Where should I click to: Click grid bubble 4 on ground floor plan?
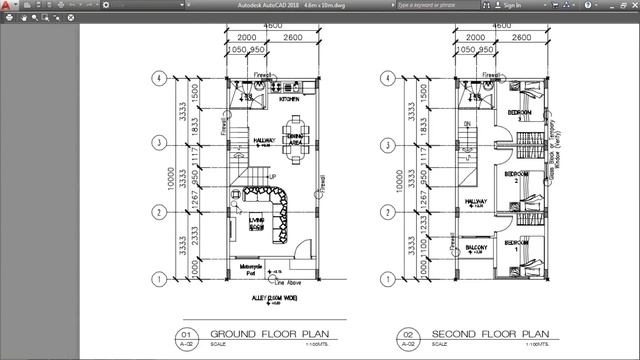[157, 78]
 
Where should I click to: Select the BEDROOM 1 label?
[517, 244]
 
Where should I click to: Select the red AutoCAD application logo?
[10, 7]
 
